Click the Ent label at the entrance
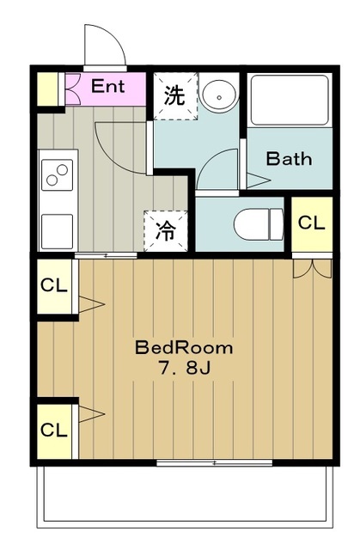[107, 86]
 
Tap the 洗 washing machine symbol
[174, 95]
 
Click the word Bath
[288, 159]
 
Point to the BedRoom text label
[184, 348]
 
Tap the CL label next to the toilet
[310, 223]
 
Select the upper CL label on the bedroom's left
[54, 284]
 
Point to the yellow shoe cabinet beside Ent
[50, 87]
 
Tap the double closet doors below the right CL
[310, 267]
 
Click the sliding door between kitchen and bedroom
[106, 255]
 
